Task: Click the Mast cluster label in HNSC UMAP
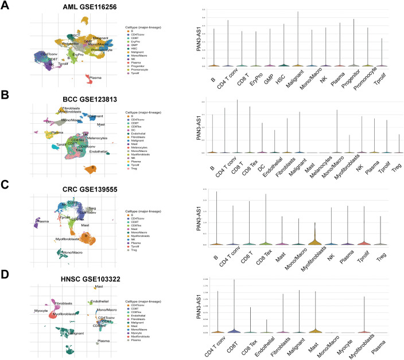(x=99, y=286)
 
